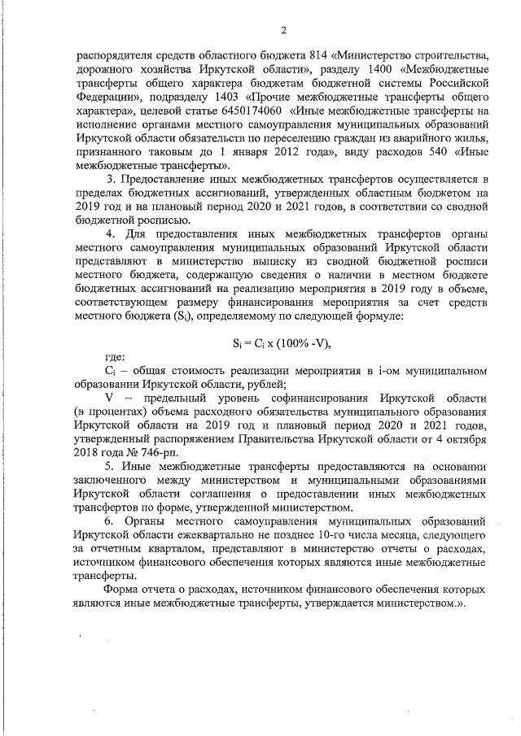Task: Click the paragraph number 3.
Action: pyautogui.click(x=110, y=180)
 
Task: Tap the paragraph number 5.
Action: pyautogui.click(x=110, y=468)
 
